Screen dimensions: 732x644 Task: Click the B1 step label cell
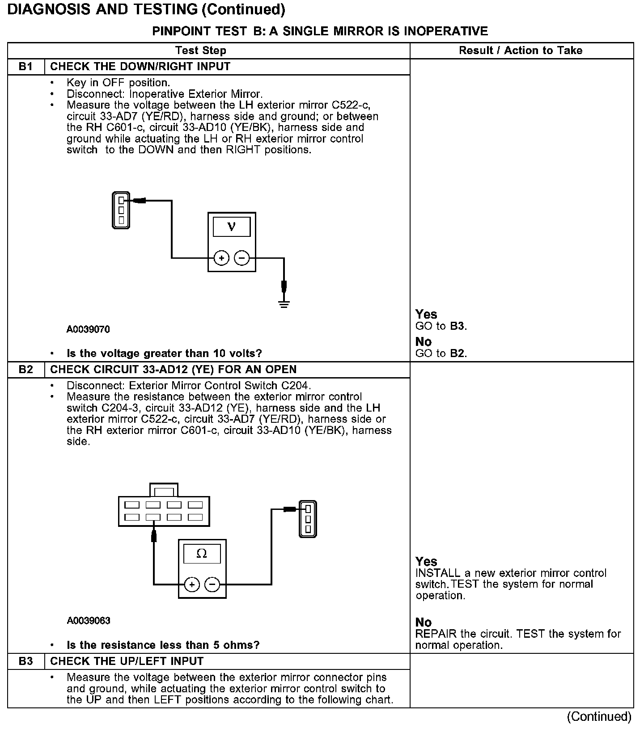26,67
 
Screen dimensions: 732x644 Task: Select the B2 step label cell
26,370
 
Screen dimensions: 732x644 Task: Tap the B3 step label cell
26,661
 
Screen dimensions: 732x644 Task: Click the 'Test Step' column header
201,50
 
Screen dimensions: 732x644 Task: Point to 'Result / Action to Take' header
521,50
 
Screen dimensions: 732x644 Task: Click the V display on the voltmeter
231,227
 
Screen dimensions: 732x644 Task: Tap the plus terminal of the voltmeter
221,258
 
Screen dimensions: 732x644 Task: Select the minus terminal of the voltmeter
242,258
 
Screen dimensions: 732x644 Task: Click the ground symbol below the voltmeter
284,304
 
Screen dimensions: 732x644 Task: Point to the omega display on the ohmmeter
202,554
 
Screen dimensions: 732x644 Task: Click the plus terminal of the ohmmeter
191,584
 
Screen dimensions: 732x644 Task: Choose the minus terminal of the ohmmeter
212,584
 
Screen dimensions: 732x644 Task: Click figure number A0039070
88,330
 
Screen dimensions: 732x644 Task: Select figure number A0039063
88,621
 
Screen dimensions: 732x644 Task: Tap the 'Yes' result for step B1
426,314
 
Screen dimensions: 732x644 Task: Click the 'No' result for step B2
423,622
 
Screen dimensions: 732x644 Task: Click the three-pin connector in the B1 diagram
121,210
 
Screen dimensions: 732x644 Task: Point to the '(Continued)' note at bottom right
599,717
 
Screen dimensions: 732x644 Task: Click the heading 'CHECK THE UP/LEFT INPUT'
127,661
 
